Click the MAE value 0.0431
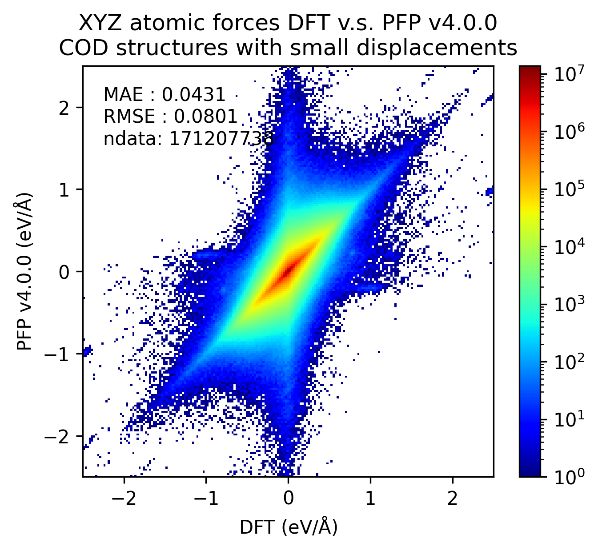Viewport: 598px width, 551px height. [x=193, y=95]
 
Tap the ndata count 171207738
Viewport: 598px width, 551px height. [x=221, y=139]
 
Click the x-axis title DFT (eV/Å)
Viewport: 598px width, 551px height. [x=289, y=527]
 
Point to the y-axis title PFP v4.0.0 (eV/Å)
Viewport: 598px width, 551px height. [x=25, y=271]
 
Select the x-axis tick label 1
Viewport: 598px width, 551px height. [x=370, y=498]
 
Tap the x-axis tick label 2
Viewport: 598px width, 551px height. [x=453, y=498]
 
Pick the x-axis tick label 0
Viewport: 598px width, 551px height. [x=288, y=498]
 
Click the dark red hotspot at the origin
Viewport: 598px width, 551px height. [x=289, y=269]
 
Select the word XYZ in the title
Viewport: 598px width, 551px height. [x=95, y=23]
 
